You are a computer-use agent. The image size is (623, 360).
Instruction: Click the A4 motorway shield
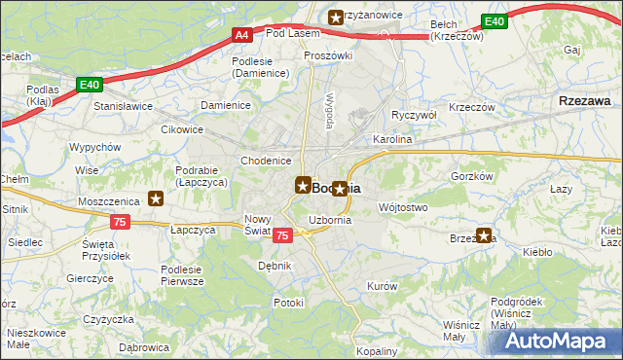(242, 35)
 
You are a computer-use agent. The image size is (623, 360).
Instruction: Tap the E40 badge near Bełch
(495, 21)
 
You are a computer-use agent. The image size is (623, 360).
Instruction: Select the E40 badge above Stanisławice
(91, 86)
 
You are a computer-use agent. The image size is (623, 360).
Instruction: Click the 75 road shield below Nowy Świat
(282, 235)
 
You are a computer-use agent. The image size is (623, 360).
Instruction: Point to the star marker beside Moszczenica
(156, 198)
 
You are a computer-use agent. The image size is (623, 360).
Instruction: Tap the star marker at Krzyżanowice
(336, 16)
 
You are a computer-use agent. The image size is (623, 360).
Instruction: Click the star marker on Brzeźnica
(484, 235)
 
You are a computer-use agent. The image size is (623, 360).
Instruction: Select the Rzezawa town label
(585, 100)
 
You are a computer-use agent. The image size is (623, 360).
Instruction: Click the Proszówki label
(327, 55)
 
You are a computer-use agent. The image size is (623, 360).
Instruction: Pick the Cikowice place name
(182, 127)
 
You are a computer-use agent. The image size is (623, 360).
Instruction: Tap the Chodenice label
(266, 161)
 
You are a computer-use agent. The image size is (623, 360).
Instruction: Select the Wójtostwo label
(402, 207)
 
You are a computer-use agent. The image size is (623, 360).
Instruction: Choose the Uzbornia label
(329, 221)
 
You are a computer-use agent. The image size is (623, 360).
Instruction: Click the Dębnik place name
(275, 265)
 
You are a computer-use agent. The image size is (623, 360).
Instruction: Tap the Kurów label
(381, 286)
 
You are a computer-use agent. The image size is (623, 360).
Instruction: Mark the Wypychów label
(94, 147)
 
